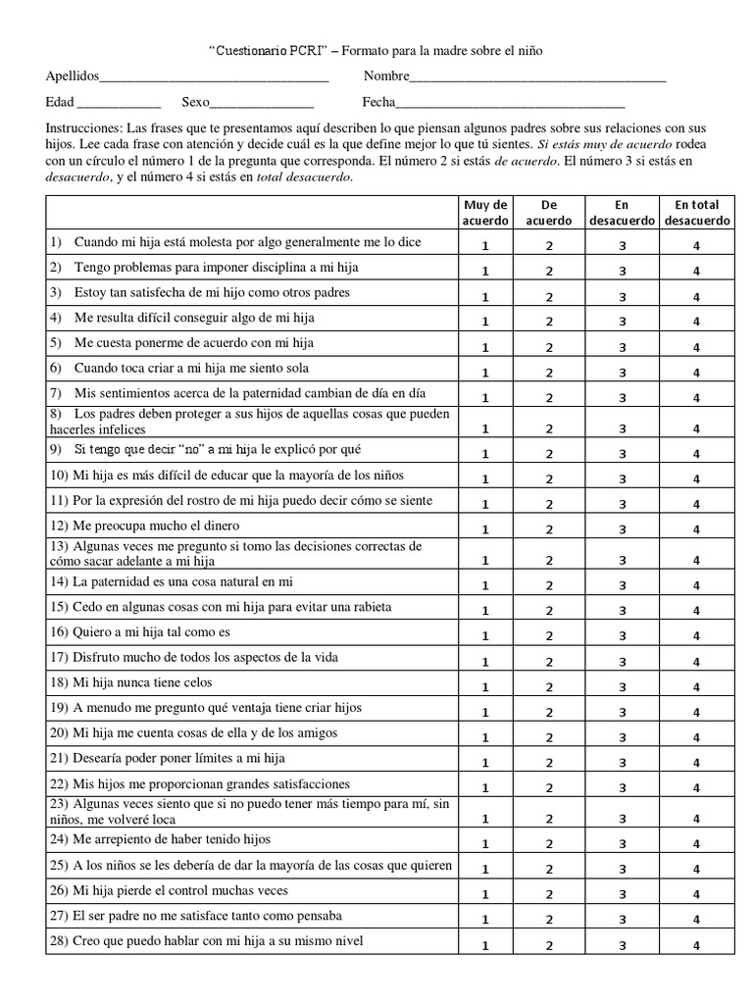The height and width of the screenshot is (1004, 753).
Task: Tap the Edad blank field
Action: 119,103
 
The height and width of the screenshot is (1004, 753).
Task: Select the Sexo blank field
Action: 262,103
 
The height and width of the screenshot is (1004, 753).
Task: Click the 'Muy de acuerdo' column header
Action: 485,213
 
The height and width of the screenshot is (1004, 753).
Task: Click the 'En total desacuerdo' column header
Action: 696,213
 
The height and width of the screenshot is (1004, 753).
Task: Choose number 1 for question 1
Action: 485,245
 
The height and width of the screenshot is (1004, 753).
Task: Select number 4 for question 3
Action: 696,296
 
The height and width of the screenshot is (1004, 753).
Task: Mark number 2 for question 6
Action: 550,373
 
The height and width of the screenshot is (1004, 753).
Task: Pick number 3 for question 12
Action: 622,529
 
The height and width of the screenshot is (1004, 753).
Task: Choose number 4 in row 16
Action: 696,636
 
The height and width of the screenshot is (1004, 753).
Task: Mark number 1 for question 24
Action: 485,843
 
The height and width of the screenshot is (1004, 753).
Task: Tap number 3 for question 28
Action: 622,945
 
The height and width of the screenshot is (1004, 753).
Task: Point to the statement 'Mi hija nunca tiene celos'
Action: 142,682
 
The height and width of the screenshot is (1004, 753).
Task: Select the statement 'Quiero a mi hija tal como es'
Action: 152,631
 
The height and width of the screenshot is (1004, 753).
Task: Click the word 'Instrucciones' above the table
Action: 83,128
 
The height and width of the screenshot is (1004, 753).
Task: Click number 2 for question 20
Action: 550,738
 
